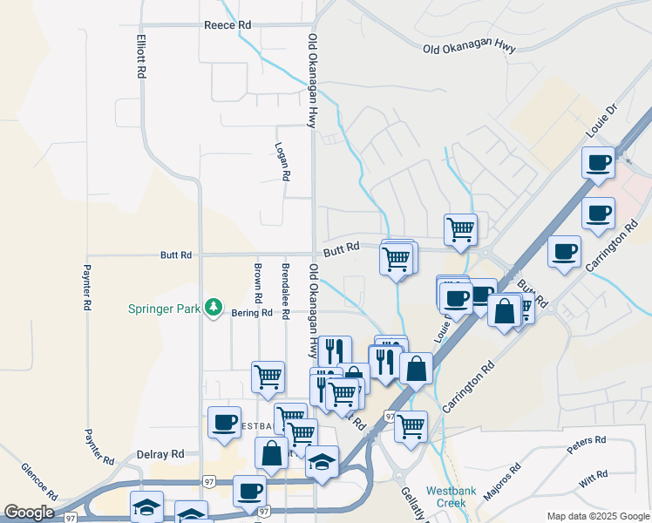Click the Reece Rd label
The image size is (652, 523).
tap(227, 25)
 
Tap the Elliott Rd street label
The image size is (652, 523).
tap(140, 58)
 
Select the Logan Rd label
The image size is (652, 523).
tap(282, 161)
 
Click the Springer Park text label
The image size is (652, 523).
tap(164, 309)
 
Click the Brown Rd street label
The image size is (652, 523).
tap(258, 279)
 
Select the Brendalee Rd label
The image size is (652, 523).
tap(285, 281)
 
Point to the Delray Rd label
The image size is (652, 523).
tap(161, 454)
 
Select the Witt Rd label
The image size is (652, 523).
tap(592, 478)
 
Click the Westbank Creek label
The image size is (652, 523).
tap(451, 497)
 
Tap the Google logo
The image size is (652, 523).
tap(28, 513)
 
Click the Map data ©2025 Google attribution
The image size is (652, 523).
tap(597, 516)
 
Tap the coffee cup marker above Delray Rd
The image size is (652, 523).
tap(224, 422)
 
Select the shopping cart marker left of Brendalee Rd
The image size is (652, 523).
tap(268, 377)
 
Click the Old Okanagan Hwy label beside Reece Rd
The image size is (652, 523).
tap(311, 80)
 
